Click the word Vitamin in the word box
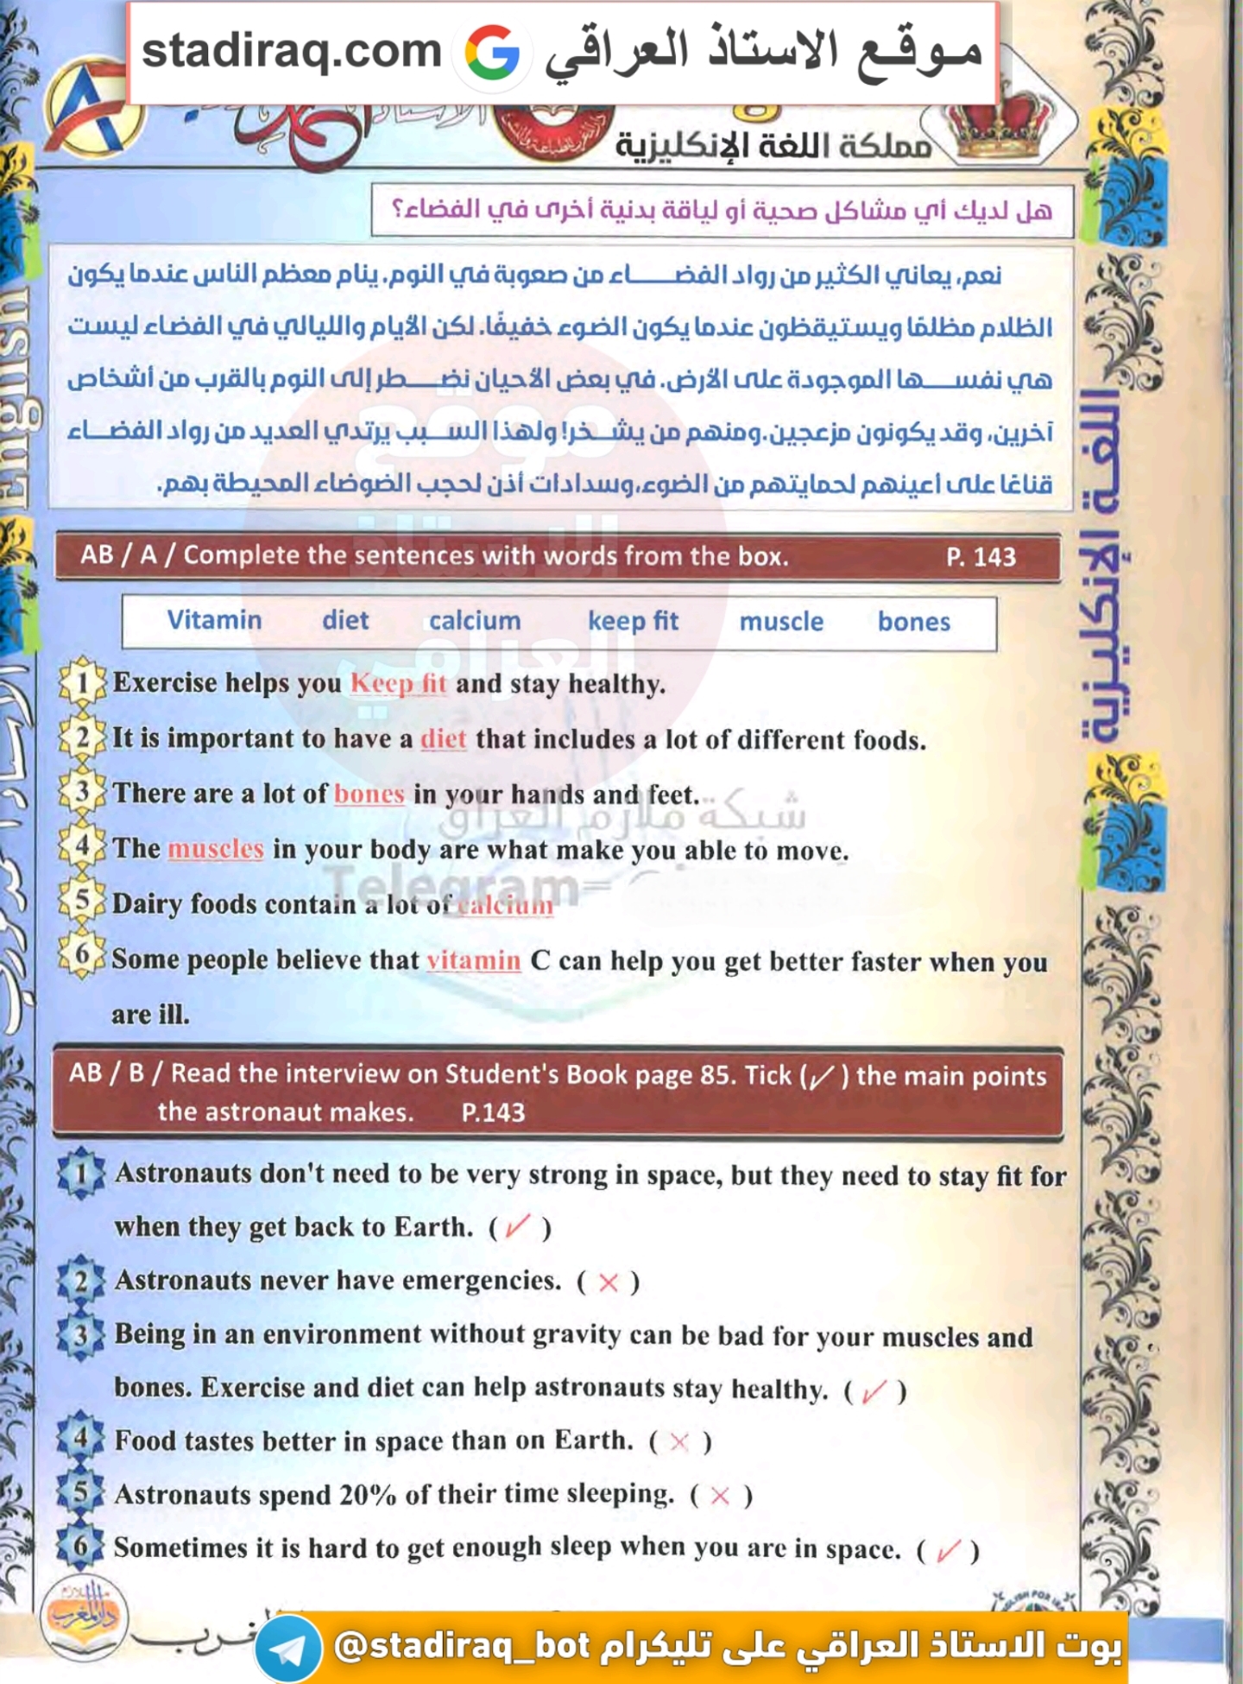tap(214, 620)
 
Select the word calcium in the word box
tap(475, 621)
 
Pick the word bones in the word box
tap(914, 622)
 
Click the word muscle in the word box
tap(781, 622)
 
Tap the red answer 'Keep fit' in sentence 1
tap(398, 683)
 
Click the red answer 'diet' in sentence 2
tap(443, 739)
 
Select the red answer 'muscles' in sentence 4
tap(216, 849)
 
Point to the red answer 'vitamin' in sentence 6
tap(474, 960)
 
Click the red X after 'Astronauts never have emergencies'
tap(609, 1282)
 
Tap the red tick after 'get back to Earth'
tap(518, 1225)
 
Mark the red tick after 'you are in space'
tap(947, 1550)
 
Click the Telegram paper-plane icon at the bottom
tap(287, 1648)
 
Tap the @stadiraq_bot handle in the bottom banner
tap(462, 1646)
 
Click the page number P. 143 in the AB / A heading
tap(981, 557)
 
